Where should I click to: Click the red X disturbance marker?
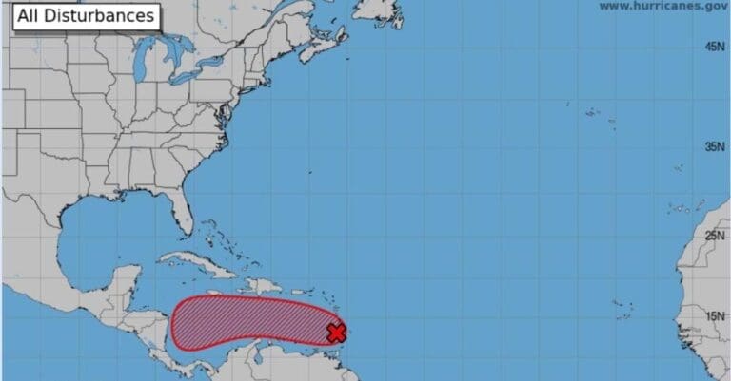[x=336, y=333]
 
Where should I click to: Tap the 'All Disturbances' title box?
[x=85, y=16]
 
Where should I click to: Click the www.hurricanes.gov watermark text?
[x=662, y=6]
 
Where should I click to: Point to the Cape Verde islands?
[x=623, y=309]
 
